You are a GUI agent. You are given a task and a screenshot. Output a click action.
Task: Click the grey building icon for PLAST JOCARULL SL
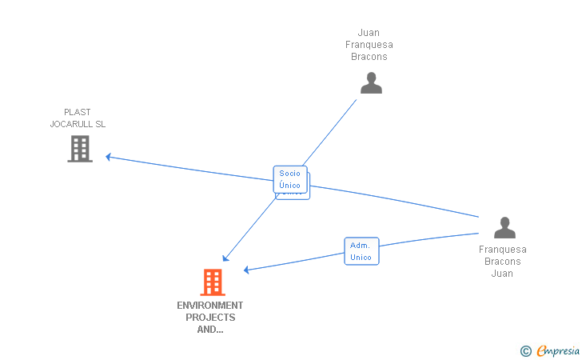pos(80,149)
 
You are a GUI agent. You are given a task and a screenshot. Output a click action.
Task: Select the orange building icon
pos(213,282)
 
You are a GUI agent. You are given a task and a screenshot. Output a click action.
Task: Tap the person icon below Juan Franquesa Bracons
pos(371,82)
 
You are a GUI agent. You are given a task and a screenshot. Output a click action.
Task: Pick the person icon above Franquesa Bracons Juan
pos(504,228)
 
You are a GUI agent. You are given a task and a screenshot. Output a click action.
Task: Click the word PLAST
pos(78,112)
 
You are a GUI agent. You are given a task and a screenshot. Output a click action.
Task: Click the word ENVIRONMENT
pos(210,306)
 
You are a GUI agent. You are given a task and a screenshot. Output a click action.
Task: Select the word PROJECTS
pos(210,318)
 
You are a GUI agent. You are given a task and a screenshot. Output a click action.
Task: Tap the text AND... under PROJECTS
pos(210,330)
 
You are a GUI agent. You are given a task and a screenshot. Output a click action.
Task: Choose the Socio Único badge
pos(290,179)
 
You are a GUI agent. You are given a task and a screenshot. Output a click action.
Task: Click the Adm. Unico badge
pos(361,251)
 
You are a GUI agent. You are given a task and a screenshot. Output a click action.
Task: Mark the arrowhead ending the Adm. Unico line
pos(247,270)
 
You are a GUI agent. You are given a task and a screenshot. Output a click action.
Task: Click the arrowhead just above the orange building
pos(226,258)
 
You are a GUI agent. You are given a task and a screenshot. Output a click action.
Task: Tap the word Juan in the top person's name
pos(369,33)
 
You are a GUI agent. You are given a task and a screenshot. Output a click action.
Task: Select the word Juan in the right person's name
pos(502,273)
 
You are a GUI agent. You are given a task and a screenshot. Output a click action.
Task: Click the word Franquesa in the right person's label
pos(503,249)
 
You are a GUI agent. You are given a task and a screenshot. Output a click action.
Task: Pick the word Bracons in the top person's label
pos(369,57)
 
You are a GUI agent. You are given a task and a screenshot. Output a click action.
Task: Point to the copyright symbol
pos(525,350)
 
